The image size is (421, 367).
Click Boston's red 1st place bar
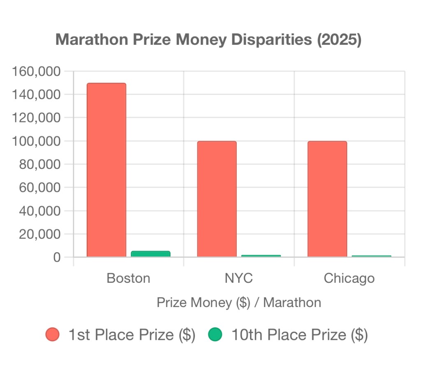pyautogui.click(x=106, y=170)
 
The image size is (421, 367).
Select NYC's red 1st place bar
pyautogui.click(x=217, y=199)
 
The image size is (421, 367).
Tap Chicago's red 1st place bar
pyautogui.click(x=327, y=199)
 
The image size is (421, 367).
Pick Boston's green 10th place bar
pyautogui.click(x=150, y=254)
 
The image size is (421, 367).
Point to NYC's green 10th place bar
pyautogui.click(x=261, y=256)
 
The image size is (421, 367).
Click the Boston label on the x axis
pyautogui.click(x=128, y=278)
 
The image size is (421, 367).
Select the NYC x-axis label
pyautogui.click(x=238, y=278)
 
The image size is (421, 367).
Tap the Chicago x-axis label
pyautogui.click(x=349, y=278)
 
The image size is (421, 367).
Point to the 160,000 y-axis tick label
pyautogui.click(x=37, y=72)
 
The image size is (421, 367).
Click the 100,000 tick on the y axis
pyautogui.click(x=37, y=141)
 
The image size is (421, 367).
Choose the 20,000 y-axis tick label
pyautogui.click(x=40, y=234)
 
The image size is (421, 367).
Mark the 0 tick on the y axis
pyautogui.click(x=57, y=257)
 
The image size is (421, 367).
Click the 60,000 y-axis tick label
pyautogui.click(x=40, y=187)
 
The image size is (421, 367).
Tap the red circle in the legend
pyautogui.click(x=53, y=335)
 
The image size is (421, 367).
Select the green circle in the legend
pyautogui.click(x=215, y=335)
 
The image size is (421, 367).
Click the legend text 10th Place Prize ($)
pyautogui.click(x=299, y=335)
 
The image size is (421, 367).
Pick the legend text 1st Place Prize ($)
pyautogui.click(x=132, y=335)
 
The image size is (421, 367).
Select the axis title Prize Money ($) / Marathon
pyautogui.click(x=239, y=303)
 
